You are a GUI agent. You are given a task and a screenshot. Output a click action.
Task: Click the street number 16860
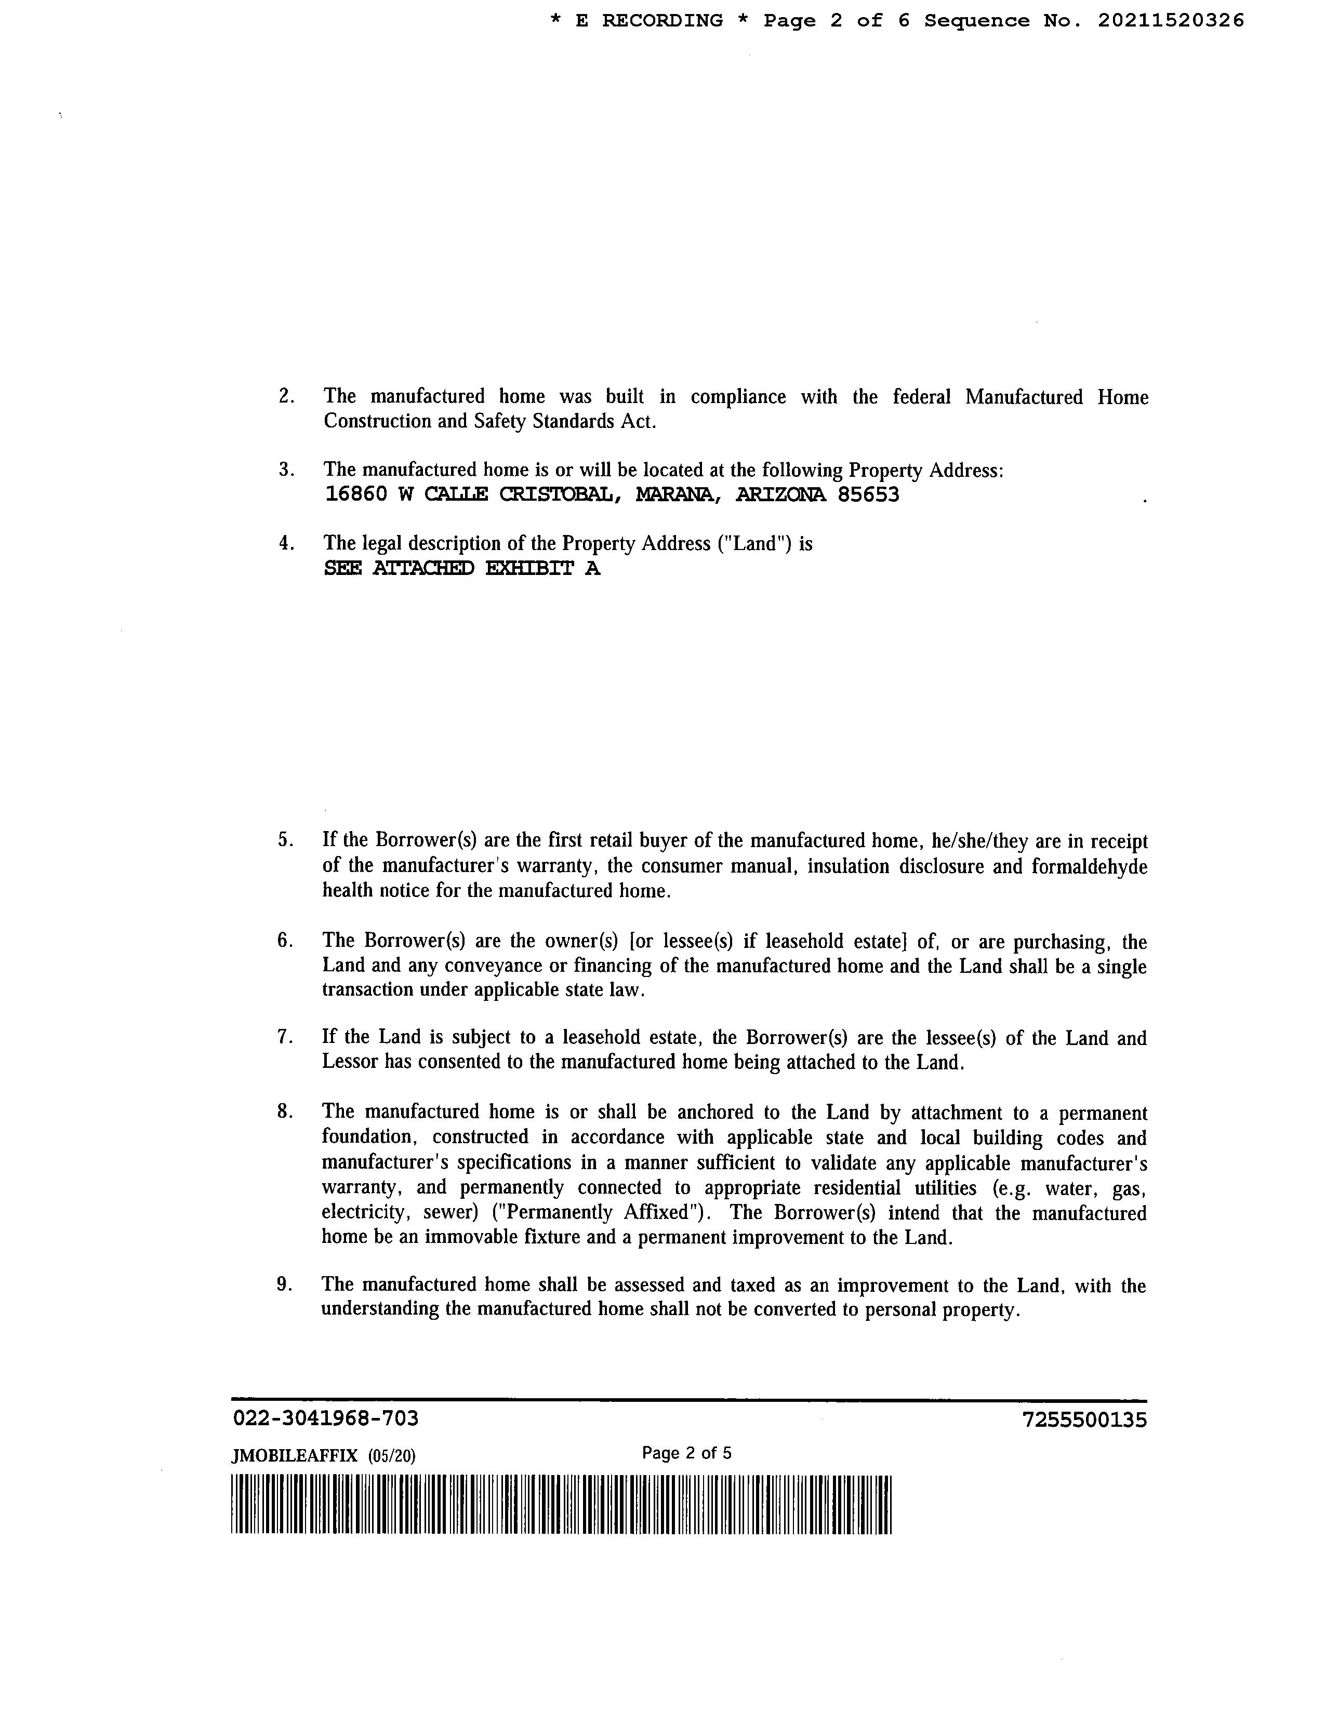[355, 495]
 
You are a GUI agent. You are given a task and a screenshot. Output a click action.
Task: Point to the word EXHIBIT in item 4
[531, 569]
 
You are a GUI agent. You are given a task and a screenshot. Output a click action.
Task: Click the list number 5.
[284, 840]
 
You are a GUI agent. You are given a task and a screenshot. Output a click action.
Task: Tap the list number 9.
[284, 1284]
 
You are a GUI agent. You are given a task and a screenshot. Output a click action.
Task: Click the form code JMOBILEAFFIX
[294, 1456]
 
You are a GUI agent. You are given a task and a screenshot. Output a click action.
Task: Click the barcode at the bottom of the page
[561, 1505]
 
